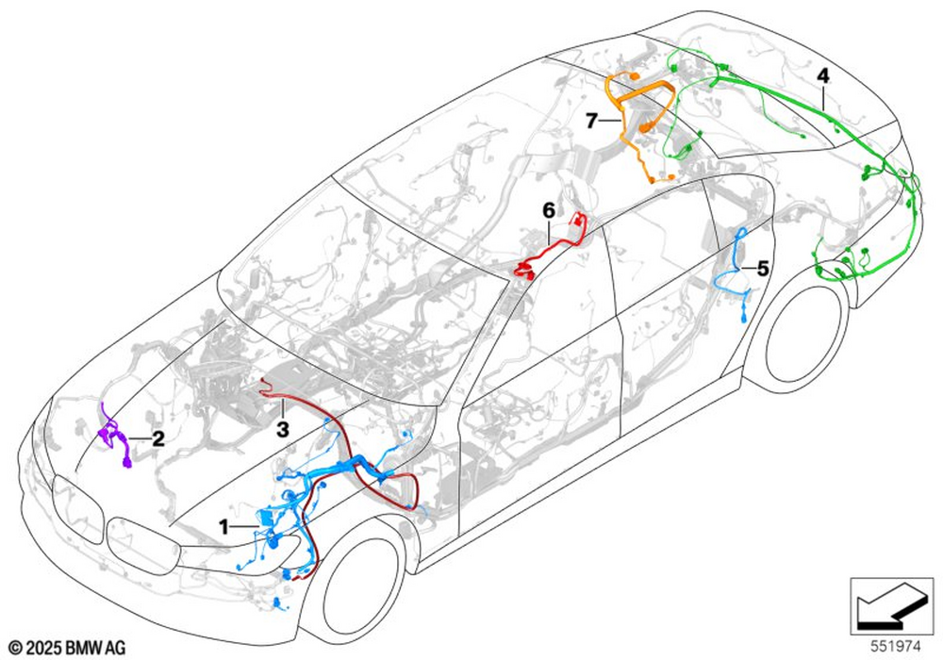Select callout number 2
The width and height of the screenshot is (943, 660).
pyautogui.click(x=158, y=438)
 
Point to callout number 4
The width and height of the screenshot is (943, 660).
pyautogui.click(x=823, y=73)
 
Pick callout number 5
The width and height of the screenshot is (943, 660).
pyautogui.click(x=762, y=269)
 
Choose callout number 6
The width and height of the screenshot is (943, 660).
pyautogui.click(x=547, y=209)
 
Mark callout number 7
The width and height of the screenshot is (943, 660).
pyautogui.click(x=591, y=121)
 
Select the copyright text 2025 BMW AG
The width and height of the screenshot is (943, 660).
pyautogui.click(x=67, y=647)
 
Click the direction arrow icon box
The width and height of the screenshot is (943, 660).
pyautogui.click(x=885, y=605)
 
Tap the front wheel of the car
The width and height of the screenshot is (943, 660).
pyautogui.click(x=363, y=589)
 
